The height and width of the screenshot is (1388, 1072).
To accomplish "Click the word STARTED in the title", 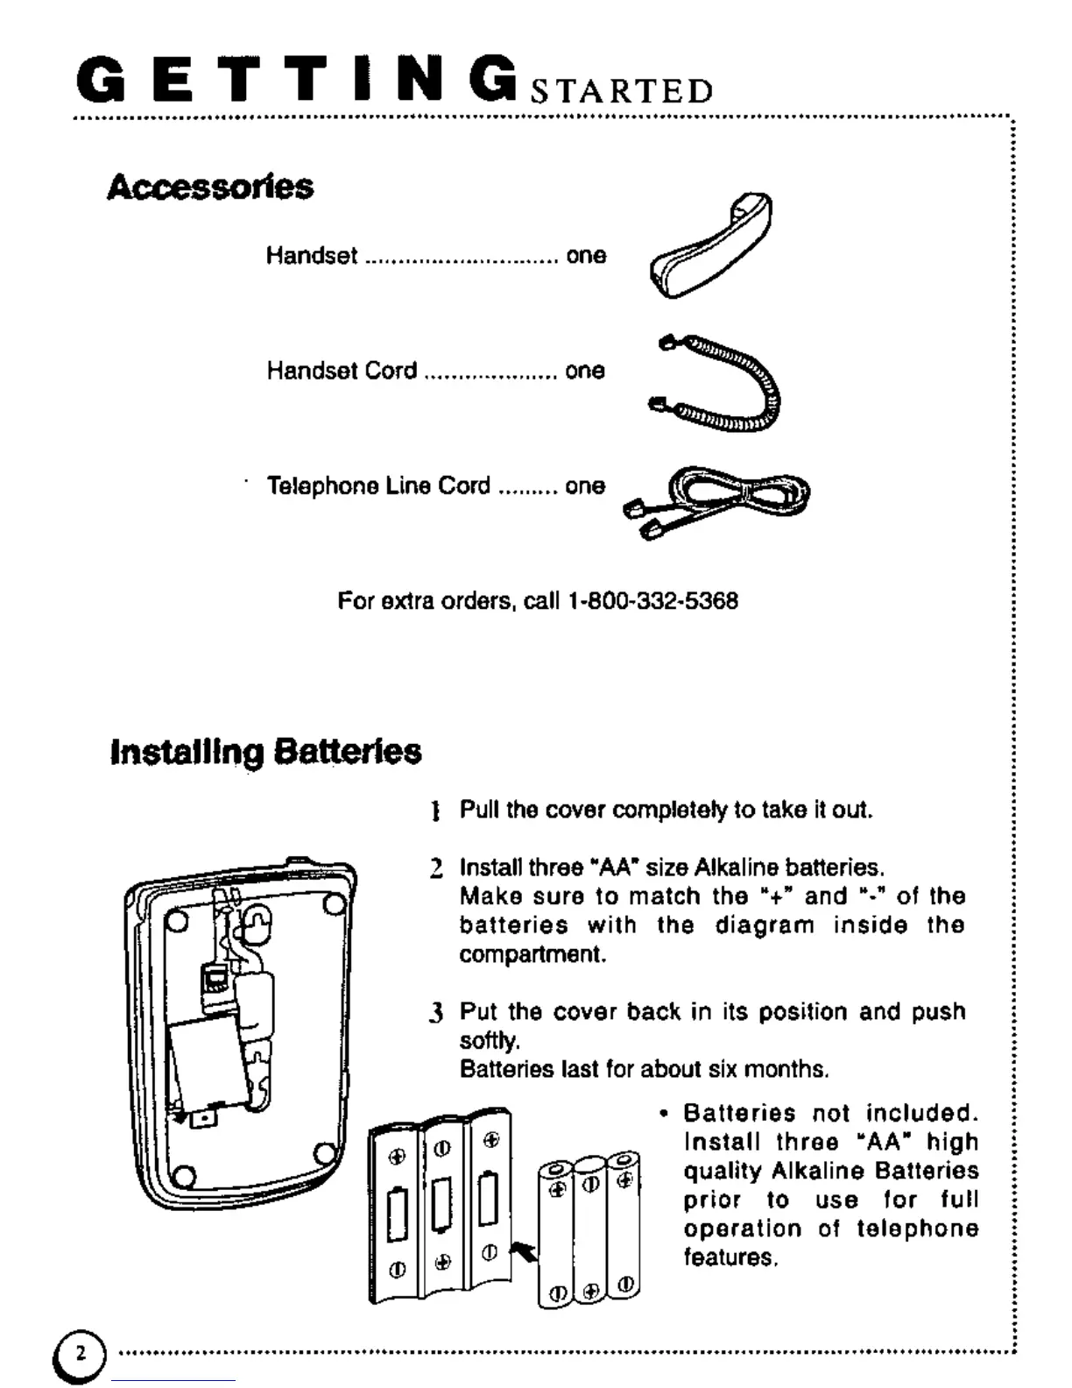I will [x=623, y=91].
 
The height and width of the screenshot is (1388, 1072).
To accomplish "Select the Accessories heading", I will [x=210, y=187].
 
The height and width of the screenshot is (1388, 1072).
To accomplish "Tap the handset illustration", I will [x=710, y=246].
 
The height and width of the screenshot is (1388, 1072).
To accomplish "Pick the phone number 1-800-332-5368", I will [x=652, y=601].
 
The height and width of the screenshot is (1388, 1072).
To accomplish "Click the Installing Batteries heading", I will [x=265, y=752].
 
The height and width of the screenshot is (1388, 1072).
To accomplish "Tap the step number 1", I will [x=435, y=811].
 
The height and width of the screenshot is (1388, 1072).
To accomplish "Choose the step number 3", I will [x=436, y=1014].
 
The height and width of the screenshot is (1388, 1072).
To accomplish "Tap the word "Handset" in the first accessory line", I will [x=312, y=256].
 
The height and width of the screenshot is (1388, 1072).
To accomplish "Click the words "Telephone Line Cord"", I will [x=378, y=486].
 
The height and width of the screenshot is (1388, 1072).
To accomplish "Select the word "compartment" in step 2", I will [x=532, y=954].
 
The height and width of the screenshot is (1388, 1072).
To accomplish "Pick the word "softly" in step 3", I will [x=489, y=1041].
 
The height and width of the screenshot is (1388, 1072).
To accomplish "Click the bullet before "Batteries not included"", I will [x=664, y=1114].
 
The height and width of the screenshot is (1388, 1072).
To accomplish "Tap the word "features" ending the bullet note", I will [x=730, y=1257].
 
